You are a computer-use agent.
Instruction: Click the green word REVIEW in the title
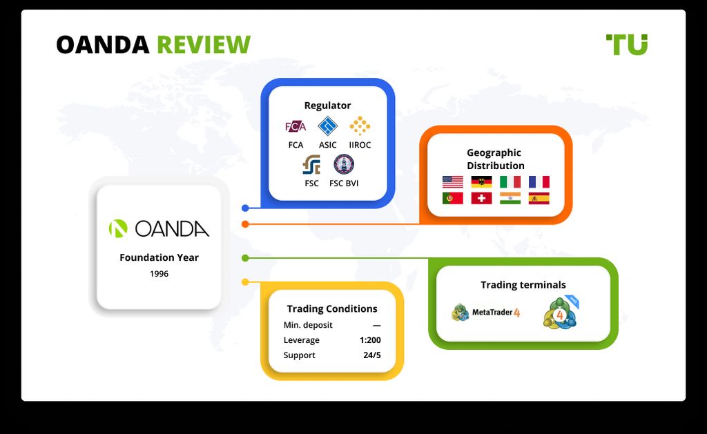204,45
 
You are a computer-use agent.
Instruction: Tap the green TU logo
627,44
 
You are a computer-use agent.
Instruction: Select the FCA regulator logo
296,127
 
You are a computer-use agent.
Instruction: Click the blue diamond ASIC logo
328,126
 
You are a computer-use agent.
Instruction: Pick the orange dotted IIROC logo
360,126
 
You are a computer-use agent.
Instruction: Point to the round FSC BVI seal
344,164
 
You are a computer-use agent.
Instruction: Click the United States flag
453,181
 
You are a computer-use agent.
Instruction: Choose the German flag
481,181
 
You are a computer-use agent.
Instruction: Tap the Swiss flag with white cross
481,198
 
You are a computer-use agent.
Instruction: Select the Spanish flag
539,198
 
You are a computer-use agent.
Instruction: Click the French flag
539,181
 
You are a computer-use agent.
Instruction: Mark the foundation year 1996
159,273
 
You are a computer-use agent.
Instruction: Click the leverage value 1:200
370,340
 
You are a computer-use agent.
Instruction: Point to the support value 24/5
372,355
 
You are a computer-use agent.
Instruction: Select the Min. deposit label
308,325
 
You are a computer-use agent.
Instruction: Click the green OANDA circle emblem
118,228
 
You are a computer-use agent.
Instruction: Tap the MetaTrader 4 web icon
561,313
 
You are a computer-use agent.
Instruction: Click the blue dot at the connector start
245,208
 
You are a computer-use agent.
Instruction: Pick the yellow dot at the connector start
245,282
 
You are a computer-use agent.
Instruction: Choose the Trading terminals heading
523,285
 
